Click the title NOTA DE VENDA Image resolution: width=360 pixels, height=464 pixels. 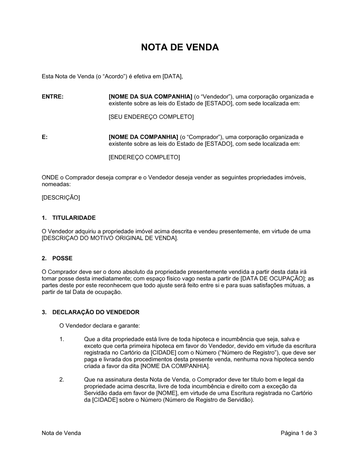(180, 47)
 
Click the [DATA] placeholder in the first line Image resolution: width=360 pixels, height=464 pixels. (172, 76)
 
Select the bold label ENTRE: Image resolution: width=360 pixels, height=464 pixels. (53, 97)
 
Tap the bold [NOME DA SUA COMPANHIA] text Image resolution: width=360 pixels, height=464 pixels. (150, 97)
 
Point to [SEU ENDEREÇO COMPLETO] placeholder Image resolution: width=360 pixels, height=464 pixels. (151, 117)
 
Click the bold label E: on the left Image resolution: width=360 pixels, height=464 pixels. (45, 137)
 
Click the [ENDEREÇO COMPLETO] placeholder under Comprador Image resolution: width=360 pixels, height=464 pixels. (144, 157)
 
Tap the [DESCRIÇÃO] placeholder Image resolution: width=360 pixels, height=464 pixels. (61, 197)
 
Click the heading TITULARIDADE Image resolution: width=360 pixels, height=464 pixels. (74, 218)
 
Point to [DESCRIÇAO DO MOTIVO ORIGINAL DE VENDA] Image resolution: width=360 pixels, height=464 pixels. (110, 238)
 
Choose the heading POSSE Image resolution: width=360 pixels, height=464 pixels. (62, 258)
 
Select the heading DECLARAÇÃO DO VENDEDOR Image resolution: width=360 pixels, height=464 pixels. (96, 312)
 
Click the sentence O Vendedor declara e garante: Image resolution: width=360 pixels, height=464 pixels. (100, 326)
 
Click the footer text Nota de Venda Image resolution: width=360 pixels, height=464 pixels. (61, 433)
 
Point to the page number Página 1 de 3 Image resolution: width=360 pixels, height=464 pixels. (299, 433)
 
